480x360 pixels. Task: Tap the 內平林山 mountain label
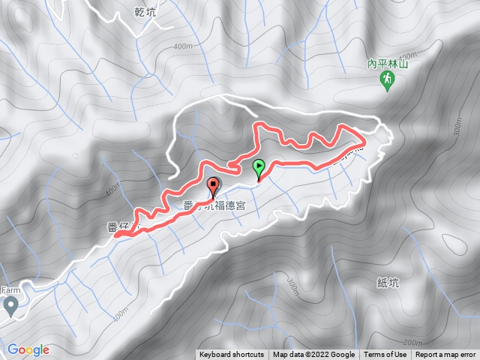click(387, 65)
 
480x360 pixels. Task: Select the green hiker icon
click(387, 79)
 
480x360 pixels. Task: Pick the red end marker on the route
click(213, 187)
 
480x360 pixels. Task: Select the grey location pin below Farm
click(10, 305)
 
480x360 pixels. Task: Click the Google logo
click(28, 349)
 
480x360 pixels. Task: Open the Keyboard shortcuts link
click(232, 355)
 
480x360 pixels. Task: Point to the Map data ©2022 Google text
click(313, 355)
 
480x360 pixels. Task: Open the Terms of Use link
click(385, 355)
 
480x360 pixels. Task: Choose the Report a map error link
click(445, 355)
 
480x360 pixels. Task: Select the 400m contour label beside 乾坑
click(181, 46)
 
